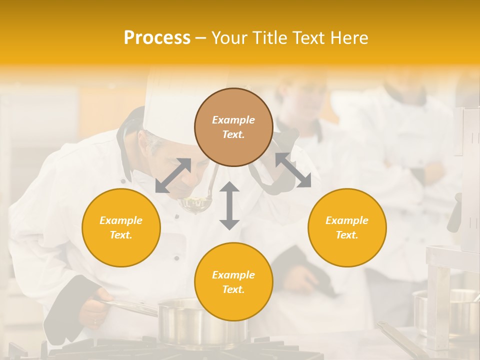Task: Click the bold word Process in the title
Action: [x=157, y=38]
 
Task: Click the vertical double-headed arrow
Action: [x=229, y=205]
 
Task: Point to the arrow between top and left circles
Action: [x=173, y=175]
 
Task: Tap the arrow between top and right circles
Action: [x=293, y=170]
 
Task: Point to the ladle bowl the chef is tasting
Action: [x=196, y=203]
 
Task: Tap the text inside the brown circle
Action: [x=233, y=127]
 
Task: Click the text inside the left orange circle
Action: [x=121, y=227]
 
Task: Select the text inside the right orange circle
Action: [x=347, y=227]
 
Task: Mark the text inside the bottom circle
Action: [x=233, y=282]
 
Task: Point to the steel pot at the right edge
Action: [x=447, y=310]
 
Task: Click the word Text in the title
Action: [x=309, y=38]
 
